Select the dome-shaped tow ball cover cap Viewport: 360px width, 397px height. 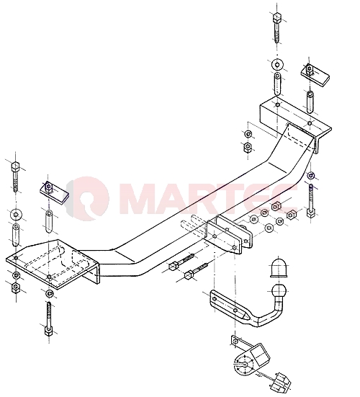279,268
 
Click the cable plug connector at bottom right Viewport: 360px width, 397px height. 281,384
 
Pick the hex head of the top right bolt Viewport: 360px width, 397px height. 277,17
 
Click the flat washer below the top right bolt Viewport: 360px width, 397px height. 277,65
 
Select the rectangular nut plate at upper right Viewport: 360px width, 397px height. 315,74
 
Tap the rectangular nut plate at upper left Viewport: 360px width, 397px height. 54,193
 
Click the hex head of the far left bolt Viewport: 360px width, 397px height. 15,167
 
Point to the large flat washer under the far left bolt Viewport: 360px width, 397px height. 16,215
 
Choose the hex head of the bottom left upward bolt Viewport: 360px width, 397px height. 48,330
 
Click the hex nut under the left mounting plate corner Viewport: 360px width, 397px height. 16,287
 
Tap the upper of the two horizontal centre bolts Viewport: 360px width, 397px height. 181,262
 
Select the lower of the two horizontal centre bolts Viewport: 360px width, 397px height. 197,271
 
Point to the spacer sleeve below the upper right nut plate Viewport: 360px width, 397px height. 310,102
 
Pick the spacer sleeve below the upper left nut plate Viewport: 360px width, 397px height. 48,221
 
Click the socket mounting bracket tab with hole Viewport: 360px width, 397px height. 238,341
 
